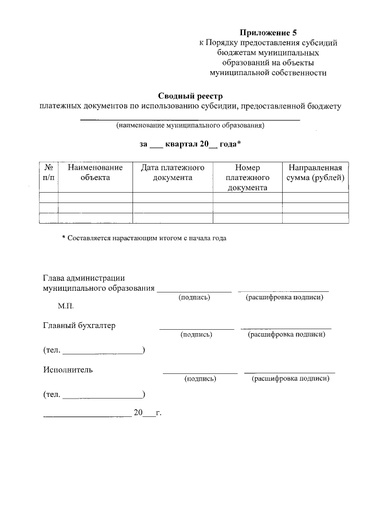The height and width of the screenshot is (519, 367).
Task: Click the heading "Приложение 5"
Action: point(268,32)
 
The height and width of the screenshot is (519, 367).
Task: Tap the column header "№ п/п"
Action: point(49,172)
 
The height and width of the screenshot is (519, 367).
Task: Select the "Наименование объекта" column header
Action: point(95,172)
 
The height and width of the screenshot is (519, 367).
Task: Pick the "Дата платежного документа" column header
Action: point(173,172)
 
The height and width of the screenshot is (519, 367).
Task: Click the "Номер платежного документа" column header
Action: point(247,177)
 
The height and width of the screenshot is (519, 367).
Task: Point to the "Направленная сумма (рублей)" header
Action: point(315,172)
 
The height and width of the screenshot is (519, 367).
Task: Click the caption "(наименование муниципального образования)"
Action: point(190,125)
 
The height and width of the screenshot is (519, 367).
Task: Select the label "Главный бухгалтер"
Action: point(79,325)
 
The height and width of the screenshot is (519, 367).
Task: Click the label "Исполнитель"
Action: point(68,370)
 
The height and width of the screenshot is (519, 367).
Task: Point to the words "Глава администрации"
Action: point(84,278)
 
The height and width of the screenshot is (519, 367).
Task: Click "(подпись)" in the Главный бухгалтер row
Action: point(196,334)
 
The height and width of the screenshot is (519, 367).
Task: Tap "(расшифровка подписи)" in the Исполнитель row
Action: point(290,378)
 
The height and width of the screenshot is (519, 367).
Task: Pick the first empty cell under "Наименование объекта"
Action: point(95,197)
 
